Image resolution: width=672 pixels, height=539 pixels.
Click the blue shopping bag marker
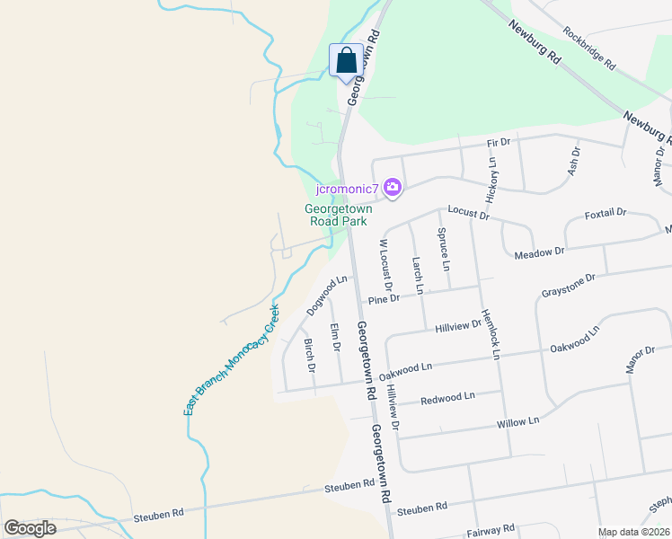347,61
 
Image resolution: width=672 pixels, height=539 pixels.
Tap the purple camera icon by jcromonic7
392,188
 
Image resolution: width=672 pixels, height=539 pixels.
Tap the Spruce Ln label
443,249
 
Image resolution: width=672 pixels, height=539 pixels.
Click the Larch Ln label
417,275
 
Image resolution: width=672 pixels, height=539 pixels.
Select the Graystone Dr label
568,287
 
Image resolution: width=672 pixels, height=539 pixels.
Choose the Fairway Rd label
491,530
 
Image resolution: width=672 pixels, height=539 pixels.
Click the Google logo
30,528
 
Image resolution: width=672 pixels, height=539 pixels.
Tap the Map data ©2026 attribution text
633,532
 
